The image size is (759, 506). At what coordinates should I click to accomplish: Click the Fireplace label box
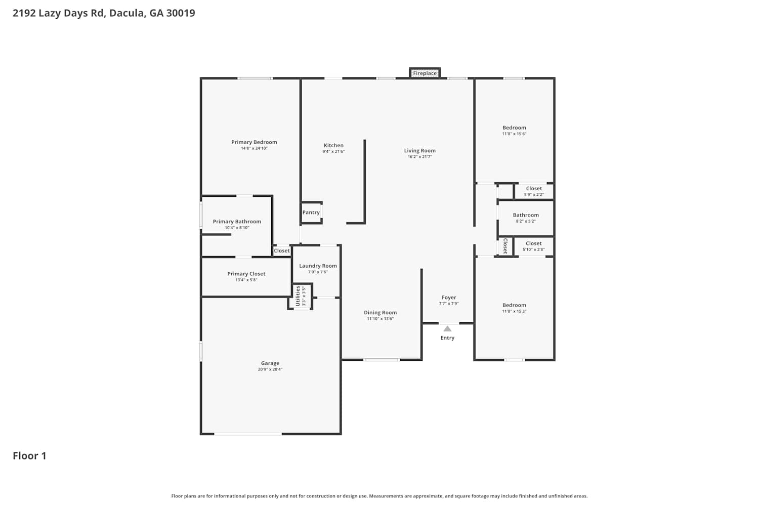point(425,73)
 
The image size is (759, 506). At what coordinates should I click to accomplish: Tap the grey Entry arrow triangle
point(447,329)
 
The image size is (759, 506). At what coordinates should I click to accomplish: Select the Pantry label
point(311,213)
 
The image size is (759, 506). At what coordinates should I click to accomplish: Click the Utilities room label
point(298,296)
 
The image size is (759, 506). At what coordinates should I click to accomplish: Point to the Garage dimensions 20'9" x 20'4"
point(270,369)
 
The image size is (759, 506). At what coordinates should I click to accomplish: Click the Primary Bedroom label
point(254,142)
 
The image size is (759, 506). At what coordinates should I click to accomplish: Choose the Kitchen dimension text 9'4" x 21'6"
point(333,151)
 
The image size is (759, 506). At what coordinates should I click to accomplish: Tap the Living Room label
point(420,150)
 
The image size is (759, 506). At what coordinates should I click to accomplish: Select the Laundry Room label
point(318,266)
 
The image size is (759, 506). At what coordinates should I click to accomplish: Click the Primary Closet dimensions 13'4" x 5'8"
point(246,280)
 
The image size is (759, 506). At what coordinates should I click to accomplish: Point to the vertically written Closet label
point(505,246)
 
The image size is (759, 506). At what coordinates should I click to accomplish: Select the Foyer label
point(449,298)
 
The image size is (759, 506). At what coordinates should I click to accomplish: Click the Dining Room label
point(380,313)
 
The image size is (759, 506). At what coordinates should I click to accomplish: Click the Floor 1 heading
point(29,456)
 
